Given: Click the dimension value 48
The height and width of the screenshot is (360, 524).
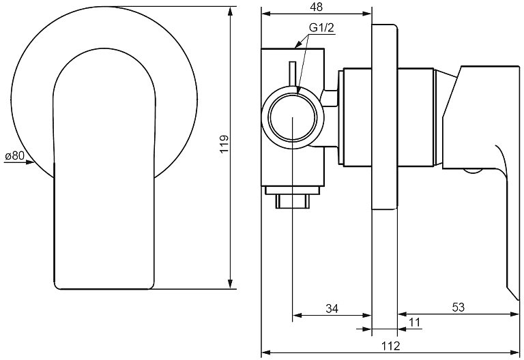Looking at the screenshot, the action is pos(316,7).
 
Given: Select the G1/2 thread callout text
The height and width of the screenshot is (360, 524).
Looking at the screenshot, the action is pos(321,29).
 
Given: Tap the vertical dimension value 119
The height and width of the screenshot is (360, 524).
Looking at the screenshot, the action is pos(224,144).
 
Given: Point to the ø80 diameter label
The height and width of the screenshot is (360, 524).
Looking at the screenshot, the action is pos(15,155).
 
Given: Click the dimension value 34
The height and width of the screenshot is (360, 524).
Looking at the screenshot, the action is pos(332,309).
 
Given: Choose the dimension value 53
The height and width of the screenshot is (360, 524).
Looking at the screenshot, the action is pos(458,307).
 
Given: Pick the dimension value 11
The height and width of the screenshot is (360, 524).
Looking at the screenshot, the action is pos(414,323).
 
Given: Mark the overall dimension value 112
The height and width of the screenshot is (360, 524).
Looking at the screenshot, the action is pos(391,346).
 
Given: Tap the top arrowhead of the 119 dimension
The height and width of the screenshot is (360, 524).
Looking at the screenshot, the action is pos(230,11).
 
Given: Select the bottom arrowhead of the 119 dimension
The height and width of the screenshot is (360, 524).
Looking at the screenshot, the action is pos(230,284).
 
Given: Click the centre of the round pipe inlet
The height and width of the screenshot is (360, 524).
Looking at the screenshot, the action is pos(293,117).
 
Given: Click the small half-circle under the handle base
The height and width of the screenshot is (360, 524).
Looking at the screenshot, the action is pos(473,170).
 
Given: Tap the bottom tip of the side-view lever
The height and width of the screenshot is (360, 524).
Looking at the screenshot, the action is pos(518,299).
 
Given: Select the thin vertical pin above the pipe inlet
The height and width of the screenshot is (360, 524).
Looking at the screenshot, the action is pos(293,74).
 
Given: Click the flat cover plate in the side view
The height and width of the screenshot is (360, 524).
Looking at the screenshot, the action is pos(385,117).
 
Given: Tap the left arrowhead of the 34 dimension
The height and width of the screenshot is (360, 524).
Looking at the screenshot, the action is pos(297,315).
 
